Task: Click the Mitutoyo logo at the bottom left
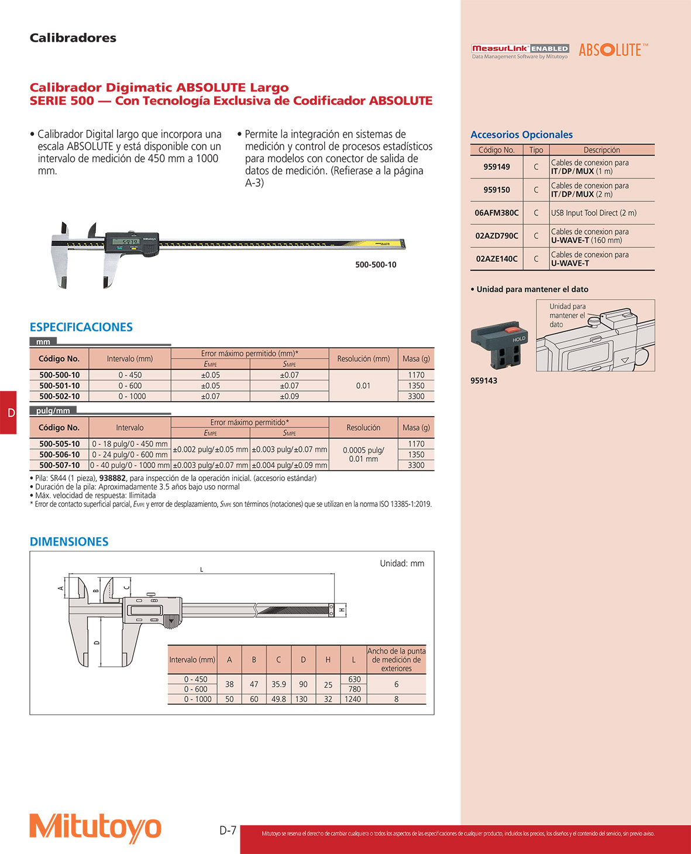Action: click(x=95, y=827)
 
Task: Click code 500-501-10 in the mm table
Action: click(x=59, y=386)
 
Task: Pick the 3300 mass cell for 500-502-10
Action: click(x=416, y=396)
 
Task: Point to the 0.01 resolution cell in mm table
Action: click(x=363, y=386)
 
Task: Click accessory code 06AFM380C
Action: click(x=496, y=213)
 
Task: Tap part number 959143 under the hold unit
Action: click(x=484, y=380)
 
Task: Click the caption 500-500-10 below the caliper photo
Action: click(x=376, y=265)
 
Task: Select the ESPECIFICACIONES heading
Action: click(x=81, y=327)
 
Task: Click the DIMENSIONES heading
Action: click(x=69, y=542)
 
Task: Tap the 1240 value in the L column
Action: click(x=353, y=699)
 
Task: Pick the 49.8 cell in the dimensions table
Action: click(x=279, y=699)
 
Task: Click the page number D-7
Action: click(x=228, y=830)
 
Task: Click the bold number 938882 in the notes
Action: click(x=112, y=478)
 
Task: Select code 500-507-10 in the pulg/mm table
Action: click(x=59, y=465)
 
